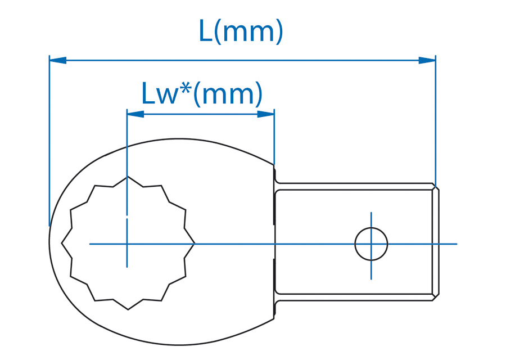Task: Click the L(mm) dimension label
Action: [241, 31]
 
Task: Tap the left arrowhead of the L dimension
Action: [58, 60]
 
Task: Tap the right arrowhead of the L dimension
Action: [427, 60]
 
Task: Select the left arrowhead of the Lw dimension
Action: [135, 114]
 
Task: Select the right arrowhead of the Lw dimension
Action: [265, 114]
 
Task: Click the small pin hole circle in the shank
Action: [371, 244]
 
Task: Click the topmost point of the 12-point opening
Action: [128, 176]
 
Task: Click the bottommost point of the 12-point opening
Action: [128, 309]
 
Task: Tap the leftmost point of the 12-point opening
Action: [61, 243]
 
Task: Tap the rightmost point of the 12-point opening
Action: [195, 244]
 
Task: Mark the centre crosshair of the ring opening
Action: [127, 244]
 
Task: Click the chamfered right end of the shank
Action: [436, 242]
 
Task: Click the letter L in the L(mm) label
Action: [206, 31]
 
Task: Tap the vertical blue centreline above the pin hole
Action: [371, 220]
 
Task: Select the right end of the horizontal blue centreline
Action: [457, 244]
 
